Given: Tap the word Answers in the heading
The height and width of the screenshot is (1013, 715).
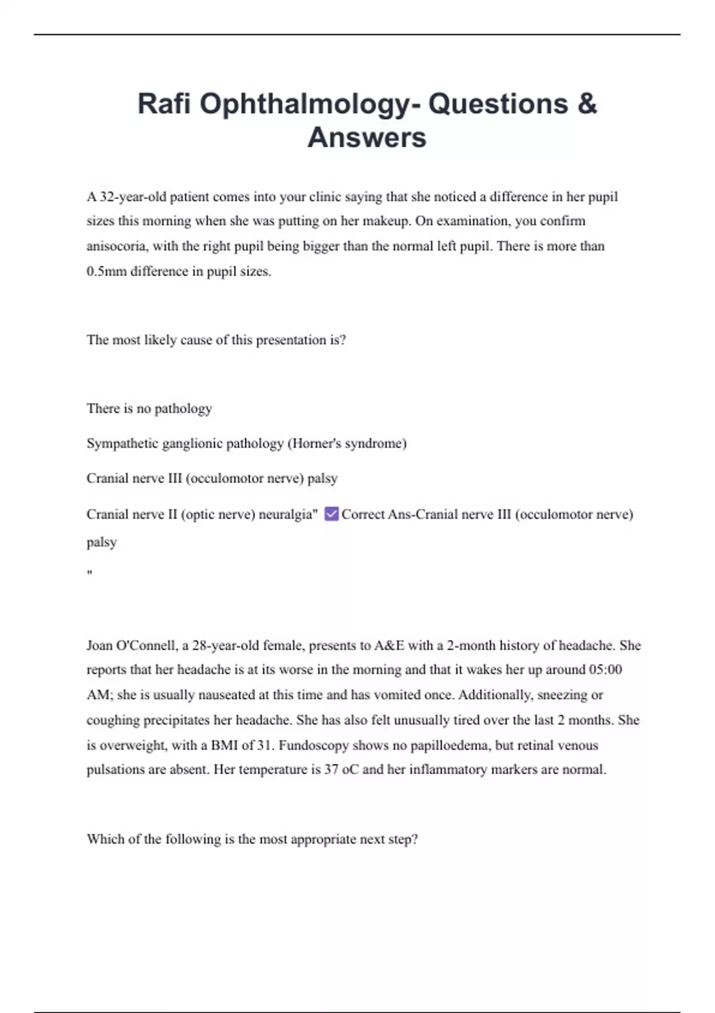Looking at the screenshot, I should pyautogui.click(x=366, y=138).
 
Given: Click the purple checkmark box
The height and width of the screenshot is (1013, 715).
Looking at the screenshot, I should pyautogui.click(x=331, y=514).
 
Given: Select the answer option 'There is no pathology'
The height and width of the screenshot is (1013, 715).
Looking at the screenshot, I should pyautogui.click(x=149, y=409).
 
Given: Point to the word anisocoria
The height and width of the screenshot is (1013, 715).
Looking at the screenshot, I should pyautogui.click(x=116, y=246).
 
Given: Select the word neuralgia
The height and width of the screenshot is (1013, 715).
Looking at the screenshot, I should pyautogui.click(x=287, y=514).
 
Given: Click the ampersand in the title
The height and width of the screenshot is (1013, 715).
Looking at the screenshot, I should pyautogui.click(x=587, y=104).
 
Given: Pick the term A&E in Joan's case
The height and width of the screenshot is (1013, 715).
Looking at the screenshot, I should pyautogui.click(x=388, y=645).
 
